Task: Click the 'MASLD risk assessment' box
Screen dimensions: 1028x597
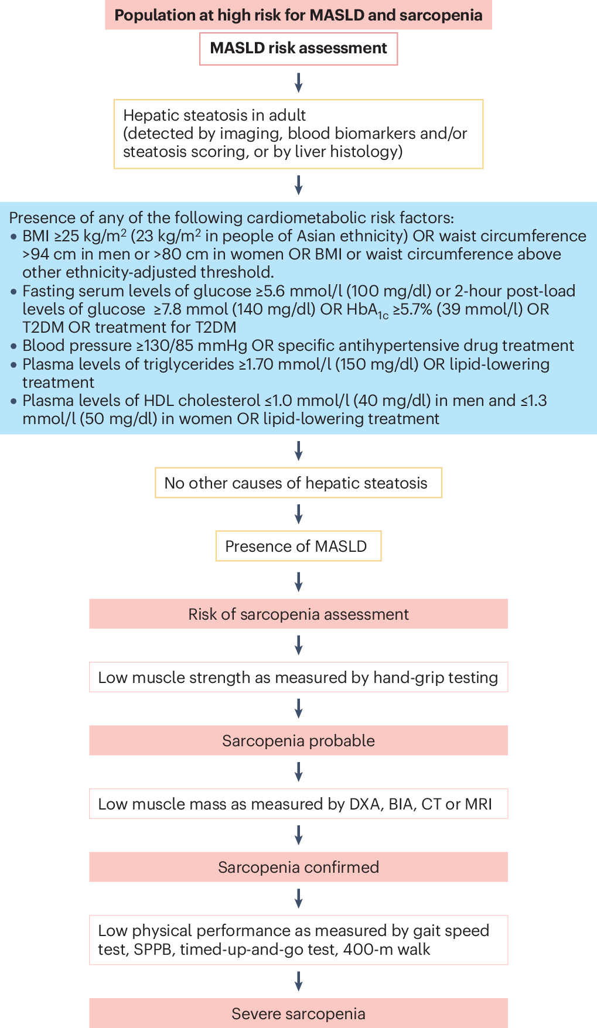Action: [298, 49]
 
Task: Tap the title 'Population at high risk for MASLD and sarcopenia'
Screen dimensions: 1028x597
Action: [298, 15]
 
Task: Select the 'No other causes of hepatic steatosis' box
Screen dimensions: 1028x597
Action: [298, 483]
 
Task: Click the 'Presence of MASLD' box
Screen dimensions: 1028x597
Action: [298, 546]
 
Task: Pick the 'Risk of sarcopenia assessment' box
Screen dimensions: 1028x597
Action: [298, 614]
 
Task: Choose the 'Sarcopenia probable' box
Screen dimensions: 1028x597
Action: [298, 740]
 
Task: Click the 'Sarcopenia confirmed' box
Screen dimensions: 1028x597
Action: [298, 867]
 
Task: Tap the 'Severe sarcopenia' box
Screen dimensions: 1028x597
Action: [298, 1013]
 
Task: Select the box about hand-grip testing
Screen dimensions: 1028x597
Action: [298, 677]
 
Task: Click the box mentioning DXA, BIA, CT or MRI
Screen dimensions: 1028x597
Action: [298, 804]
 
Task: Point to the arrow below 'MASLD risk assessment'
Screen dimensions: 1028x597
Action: [298, 83]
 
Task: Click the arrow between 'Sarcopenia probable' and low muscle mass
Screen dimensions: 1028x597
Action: [298, 772]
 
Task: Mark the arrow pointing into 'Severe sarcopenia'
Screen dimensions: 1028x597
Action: [298, 981]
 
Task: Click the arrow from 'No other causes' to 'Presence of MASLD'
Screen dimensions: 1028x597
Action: [298, 514]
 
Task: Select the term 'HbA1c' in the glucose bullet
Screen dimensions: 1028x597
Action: [367, 310]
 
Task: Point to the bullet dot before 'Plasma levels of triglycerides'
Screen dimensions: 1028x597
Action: [14, 364]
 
